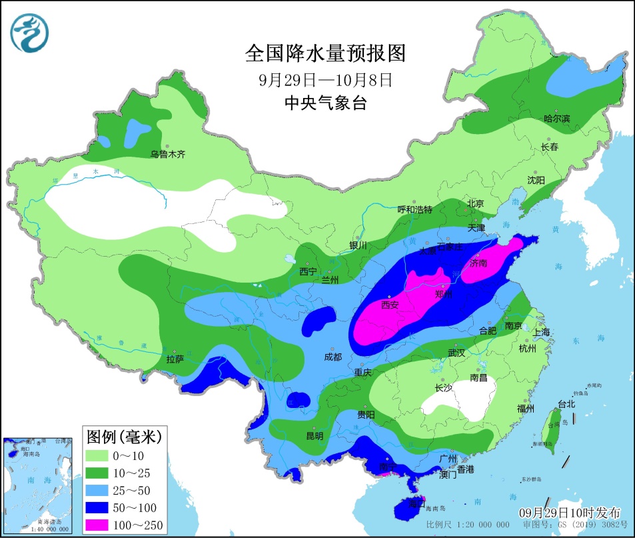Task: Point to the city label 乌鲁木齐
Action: pos(167,154)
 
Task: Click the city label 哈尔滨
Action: pos(556,119)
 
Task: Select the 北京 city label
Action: pos(474,203)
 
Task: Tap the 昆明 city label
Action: pos(314,436)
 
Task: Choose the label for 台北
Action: pos(566,404)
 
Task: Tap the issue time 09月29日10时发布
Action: pos(570,512)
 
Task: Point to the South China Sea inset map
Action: pos(37,485)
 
